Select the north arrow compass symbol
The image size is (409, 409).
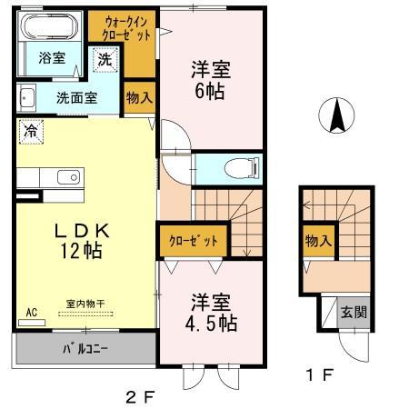337,116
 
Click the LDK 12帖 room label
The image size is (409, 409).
82,242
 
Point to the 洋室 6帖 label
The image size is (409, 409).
208,78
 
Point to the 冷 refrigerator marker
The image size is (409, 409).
29,130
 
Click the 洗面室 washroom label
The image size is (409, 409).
76,96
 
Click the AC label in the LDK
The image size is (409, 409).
30,312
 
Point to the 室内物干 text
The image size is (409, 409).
86,303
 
